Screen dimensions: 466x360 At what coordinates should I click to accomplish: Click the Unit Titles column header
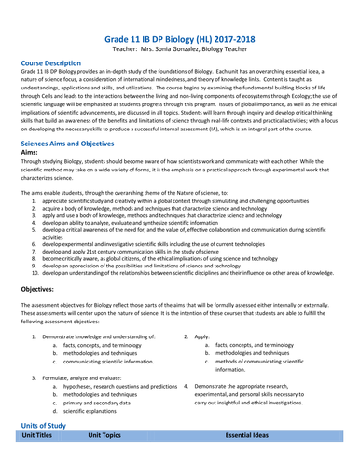(x=42, y=460)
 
